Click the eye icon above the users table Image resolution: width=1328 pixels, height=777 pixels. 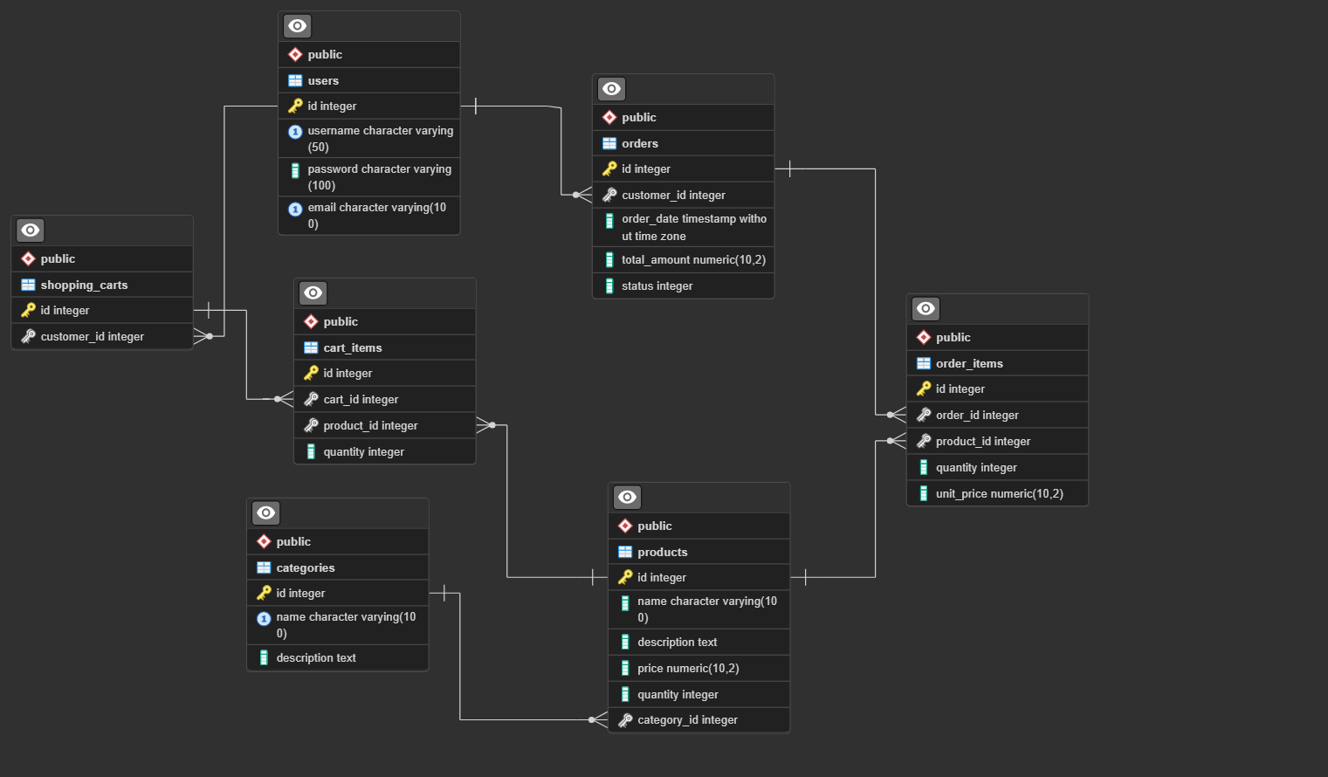pos(297,26)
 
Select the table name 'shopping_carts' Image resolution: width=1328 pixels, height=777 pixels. pos(84,285)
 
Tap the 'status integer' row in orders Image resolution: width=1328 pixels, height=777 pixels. pos(657,285)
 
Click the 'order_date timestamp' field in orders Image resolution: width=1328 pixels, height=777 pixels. pos(693,227)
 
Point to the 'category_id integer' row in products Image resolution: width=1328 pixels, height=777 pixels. pos(687,720)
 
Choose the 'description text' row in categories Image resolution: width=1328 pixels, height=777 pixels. pos(316,657)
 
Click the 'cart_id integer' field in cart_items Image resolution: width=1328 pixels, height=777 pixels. pos(361,399)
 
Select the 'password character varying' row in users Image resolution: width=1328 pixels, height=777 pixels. pos(379,176)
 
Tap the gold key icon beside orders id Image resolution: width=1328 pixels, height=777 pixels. pos(609,168)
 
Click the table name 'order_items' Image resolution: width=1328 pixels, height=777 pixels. pos(969,363)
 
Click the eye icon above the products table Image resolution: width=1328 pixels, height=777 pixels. pos(627,498)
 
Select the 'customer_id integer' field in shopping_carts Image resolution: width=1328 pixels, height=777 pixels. pos(92,336)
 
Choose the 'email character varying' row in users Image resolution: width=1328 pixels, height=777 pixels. pos(376,215)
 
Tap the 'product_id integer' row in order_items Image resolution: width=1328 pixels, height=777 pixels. pos(982,441)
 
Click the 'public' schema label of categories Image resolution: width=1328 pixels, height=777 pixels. pos(293,541)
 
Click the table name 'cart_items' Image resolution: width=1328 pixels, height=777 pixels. pos(353,347)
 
